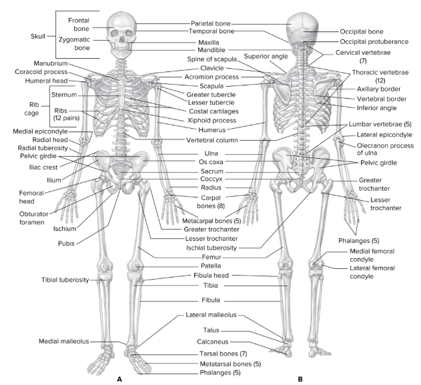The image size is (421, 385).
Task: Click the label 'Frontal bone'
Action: point(79,25)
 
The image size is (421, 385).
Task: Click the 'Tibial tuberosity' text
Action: point(65,280)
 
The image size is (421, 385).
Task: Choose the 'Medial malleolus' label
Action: point(64,342)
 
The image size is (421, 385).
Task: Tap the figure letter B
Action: point(300,378)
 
